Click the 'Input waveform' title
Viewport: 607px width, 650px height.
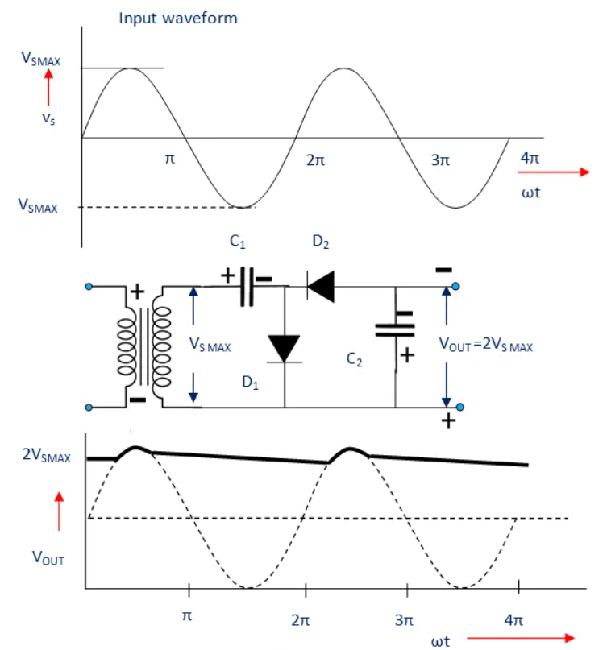pos(178,18)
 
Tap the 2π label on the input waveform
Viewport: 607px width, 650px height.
pos(316,160)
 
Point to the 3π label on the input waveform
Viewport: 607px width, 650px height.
pos(439,160)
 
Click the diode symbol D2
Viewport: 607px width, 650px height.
pos(322,286)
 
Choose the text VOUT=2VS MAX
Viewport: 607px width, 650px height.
pos(486,344)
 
